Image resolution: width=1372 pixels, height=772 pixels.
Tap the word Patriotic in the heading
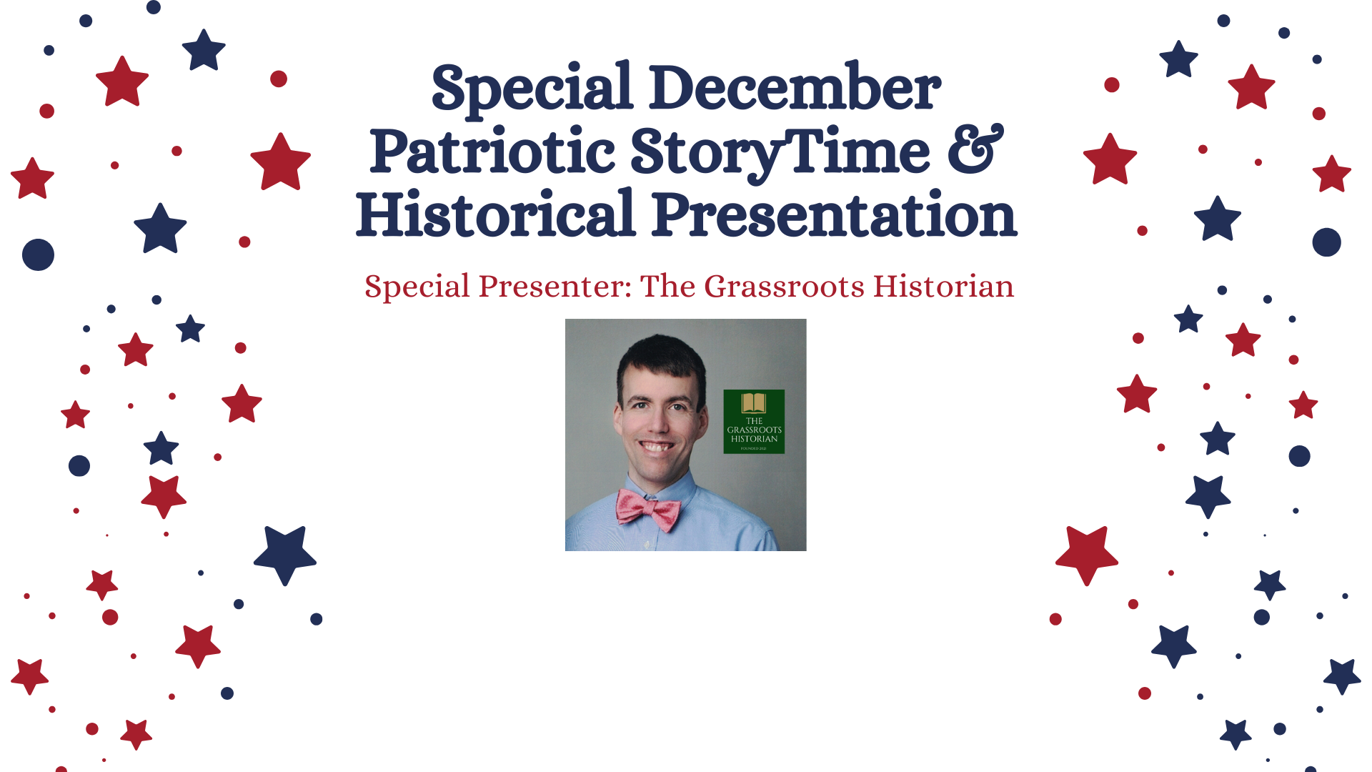(x=492, y=152)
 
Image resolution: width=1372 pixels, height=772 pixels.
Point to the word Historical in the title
(x=495, y=215)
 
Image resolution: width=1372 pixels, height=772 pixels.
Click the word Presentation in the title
(x=834, y=215)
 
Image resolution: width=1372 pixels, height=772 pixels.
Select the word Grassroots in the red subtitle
(x=784, y=287)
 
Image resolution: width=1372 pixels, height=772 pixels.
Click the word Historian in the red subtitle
(x=943, y=287)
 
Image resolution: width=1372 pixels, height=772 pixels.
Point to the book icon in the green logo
(x=753, y=402)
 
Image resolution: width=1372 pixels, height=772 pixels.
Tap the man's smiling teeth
(x=657, y=447)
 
